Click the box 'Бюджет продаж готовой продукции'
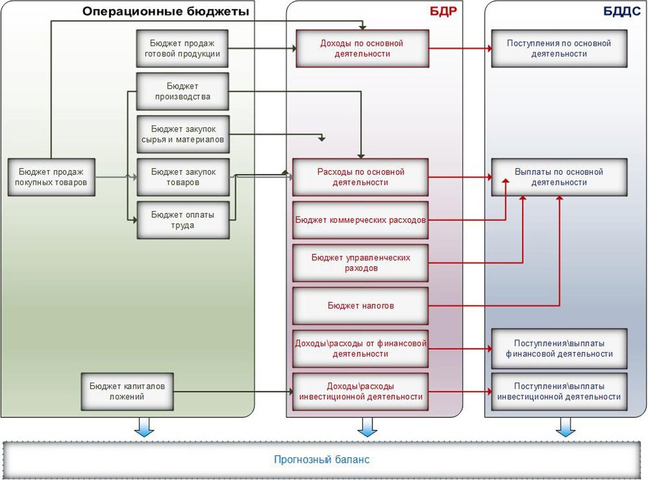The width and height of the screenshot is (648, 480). (183, 48)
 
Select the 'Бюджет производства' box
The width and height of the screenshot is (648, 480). (183, 91)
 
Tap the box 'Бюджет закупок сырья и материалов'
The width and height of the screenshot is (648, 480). (183, 134)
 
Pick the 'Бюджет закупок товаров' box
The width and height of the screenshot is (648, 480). (183, 177)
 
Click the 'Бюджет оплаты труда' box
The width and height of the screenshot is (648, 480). (183, 220)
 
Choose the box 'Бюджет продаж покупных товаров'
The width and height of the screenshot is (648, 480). (52, 177)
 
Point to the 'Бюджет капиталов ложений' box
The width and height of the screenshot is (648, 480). (128, 391)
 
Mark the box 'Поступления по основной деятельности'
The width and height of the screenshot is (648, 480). (559, 48)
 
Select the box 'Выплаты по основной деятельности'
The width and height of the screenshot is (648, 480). (559, 177)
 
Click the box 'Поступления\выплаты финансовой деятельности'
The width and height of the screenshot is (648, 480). (559, 348)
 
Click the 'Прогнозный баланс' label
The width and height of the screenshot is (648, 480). (322, 460)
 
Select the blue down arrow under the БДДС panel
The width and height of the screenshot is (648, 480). (566, 427)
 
